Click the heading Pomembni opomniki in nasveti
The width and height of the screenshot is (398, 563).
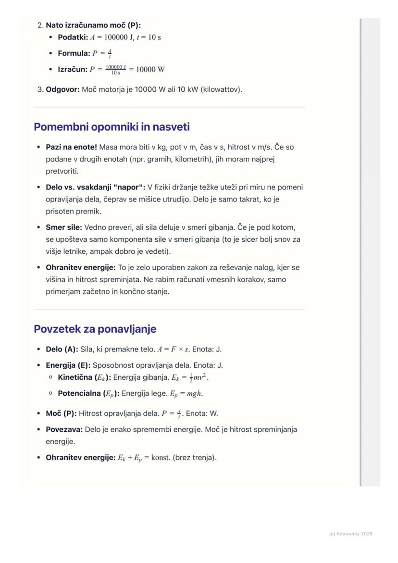pyautogui.click(x=112, y=127)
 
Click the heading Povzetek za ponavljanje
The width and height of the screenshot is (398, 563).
pyautogui.click(x=95, y=329)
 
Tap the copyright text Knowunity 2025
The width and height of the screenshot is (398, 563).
pyautogui.click(x=350, y=534)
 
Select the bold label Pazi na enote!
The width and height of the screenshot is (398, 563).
pyautogui.click(x=71, y=147)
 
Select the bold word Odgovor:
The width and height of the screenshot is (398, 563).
pyautogui.click(x=62, y=89)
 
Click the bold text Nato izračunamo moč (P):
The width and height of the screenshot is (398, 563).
pyautogui.click(x=93, y=25)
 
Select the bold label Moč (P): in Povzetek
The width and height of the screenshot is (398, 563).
pyautogui.click(x=61, y=413)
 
